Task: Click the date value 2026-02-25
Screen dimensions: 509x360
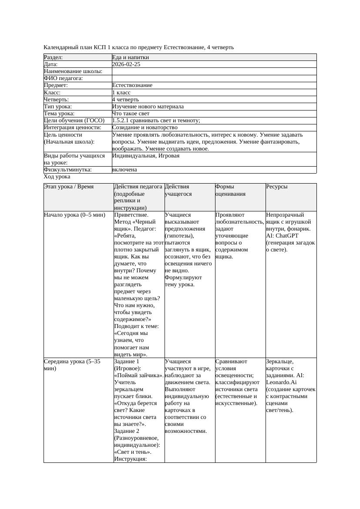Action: click(x=126, y=64)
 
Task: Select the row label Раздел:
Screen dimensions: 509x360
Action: click(x=54, y=57)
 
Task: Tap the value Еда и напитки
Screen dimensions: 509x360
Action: click(x=131, y=57)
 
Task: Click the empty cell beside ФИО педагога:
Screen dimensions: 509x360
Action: click(x=213, y=78)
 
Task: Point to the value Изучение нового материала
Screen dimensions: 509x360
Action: click(x=148, y=107)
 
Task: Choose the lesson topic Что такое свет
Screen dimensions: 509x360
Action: click(x=131, y=114)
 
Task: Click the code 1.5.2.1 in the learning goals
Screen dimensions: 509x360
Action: click(x=122, y=121)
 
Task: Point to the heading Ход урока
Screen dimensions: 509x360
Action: click(x=57, y=177)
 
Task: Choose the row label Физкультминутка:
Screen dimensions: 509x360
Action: click(x=68, y=170)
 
